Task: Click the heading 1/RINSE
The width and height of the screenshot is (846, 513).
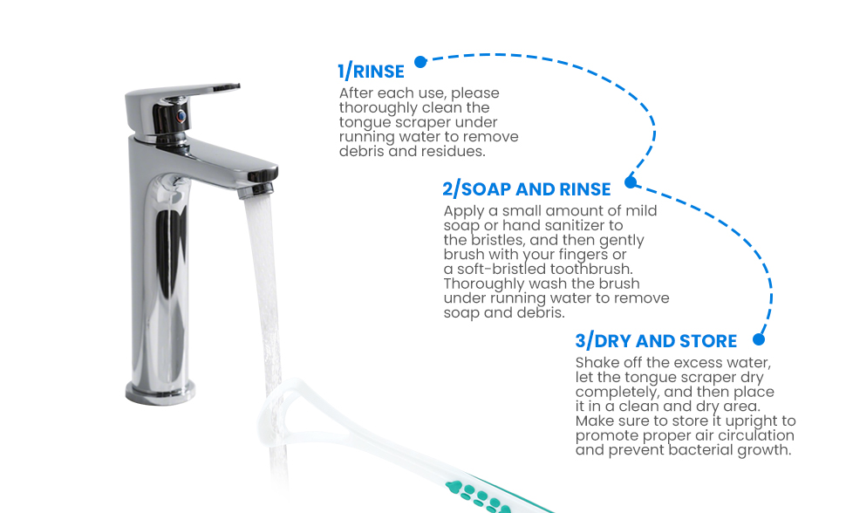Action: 371,72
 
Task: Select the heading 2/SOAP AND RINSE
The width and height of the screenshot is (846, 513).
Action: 527,189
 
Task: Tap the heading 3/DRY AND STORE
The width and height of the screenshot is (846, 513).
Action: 656,341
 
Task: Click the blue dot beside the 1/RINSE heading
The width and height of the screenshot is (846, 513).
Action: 421,62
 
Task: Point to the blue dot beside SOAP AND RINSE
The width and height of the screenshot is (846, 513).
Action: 631,182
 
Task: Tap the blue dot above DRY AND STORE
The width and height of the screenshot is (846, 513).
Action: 759,339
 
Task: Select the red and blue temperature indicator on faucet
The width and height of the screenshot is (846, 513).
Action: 181,116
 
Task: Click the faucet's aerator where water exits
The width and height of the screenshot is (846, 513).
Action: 256,190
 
